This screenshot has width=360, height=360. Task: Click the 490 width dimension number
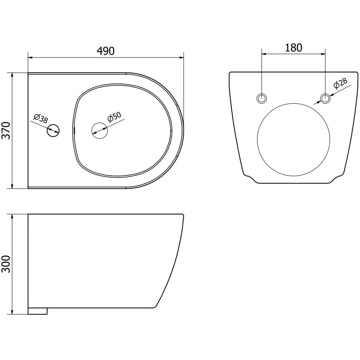[105, 51]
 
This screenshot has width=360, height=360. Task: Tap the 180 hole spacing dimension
[293, 48]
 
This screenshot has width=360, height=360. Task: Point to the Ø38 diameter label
[40, 119]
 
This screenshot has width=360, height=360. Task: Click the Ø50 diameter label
[115, 118]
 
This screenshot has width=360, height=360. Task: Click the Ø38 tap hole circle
[53, 130]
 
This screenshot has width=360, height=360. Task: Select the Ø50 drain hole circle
[100, 130]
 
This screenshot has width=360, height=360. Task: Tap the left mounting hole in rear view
[262, 98]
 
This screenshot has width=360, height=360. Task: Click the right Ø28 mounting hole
[325, 98]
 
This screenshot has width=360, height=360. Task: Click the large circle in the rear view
[293, 140]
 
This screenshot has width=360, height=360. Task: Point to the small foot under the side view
[38, 311]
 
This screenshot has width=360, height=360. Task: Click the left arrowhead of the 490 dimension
[30, 57]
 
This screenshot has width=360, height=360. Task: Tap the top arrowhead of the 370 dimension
[13, 75]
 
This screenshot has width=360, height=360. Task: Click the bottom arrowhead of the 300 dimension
[13, 312]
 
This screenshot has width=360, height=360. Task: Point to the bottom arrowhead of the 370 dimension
[13, 186]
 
